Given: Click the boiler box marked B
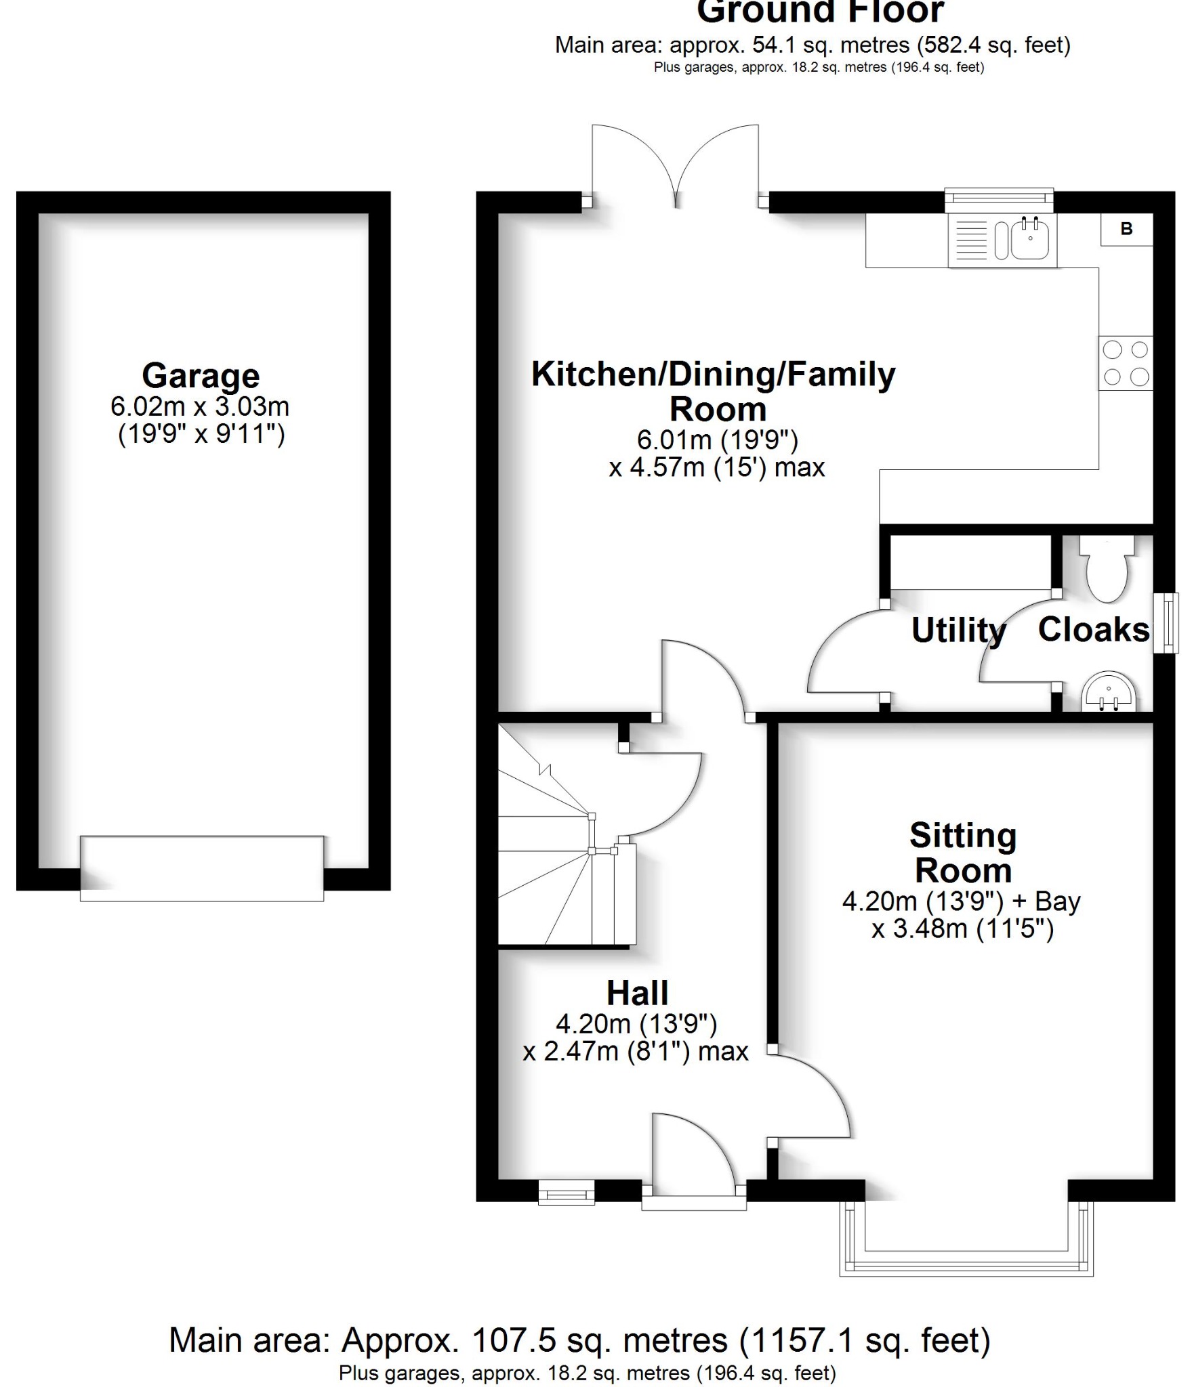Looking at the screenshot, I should (1126, 229).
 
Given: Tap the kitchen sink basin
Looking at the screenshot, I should (1031, 240).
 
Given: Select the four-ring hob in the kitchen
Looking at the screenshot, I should (1126, 363).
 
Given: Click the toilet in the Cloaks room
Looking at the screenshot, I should (1107, 569).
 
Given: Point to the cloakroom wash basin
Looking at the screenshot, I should (1108, 692).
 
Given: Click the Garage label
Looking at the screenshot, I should (201, 375).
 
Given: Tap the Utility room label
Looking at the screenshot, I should (958, 631).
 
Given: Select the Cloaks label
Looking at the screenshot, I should (1093, 629).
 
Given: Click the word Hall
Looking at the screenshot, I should (637, 994).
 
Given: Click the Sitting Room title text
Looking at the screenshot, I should (963, 853).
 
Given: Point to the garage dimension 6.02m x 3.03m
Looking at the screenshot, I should (200, 406).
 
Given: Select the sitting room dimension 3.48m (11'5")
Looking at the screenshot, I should (962, 929).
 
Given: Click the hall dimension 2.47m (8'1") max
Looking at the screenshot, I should (636, 1051).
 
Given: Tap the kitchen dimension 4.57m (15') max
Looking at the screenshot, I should (717, 467).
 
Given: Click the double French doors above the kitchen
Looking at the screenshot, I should (676, 166).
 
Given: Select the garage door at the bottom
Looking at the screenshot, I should (202, 869).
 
